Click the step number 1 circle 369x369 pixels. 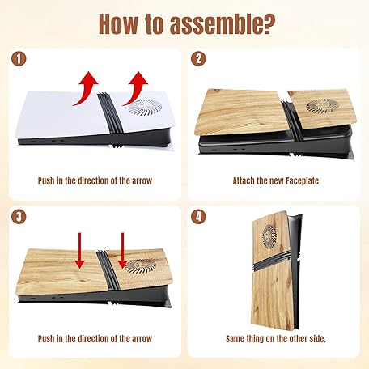[x=19, y=59]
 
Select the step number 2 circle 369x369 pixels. [x=198, y=59]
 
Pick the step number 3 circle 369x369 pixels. [x=19, y=217]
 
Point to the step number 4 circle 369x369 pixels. [x=198, y=217]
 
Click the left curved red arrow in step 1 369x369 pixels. [x=87, y=87]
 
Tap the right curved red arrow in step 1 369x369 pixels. [x=137, y=87]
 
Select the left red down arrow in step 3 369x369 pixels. [x=79, y=251]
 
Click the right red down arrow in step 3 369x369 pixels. [x=122, y=251]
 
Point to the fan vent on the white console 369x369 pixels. [x=145, y=107]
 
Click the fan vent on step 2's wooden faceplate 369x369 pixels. [x=323, y=105]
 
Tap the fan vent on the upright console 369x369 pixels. [x=269, y=236]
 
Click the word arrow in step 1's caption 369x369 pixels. [x=142, y=180]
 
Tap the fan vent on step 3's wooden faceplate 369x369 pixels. [x=141, y=265]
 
